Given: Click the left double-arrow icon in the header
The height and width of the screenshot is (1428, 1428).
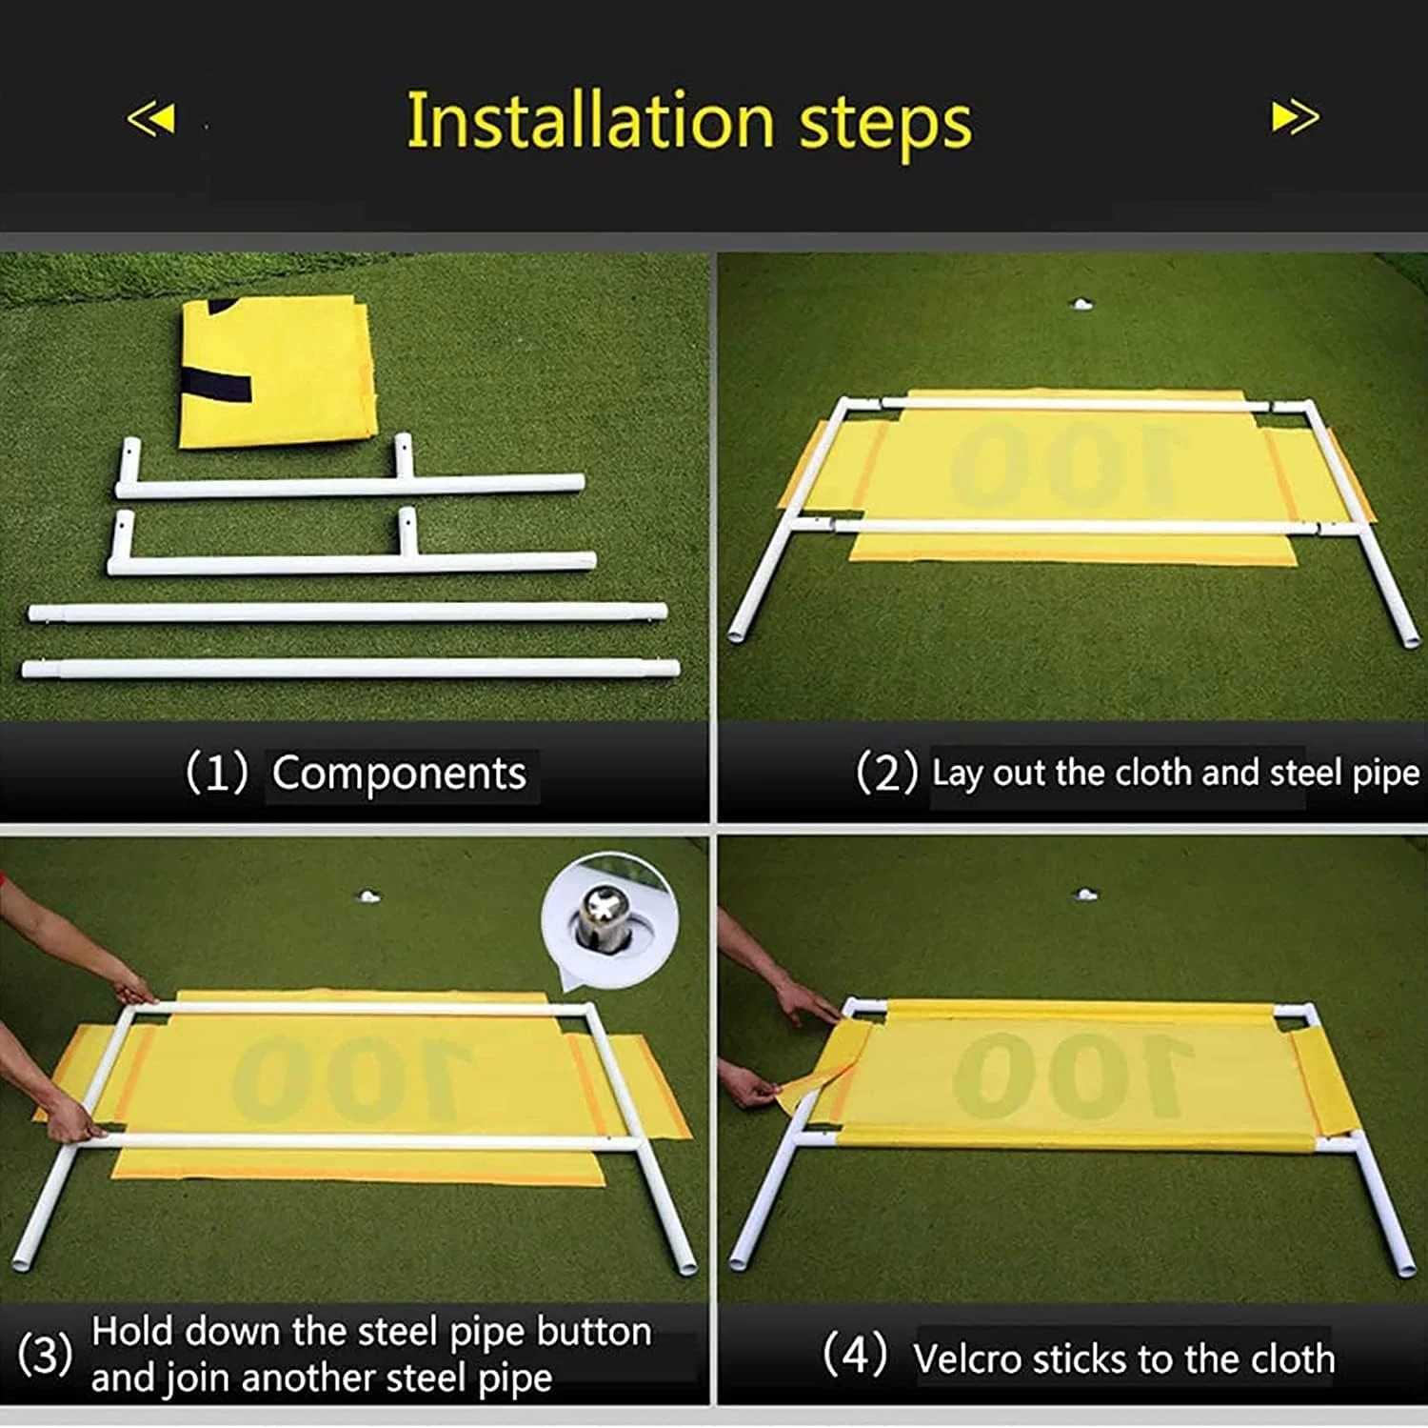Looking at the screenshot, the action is (x=151, y=118).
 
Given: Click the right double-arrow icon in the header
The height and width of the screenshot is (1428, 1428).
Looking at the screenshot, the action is (x=1296, y=117).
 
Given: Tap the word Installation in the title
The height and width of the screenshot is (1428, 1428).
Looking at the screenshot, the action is (x=590, y=121).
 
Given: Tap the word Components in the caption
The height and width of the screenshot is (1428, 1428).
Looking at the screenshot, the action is (x=399, y=773).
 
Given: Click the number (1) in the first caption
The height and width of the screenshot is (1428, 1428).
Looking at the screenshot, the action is (x=217, y=772).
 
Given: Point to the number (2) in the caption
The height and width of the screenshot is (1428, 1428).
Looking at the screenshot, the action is (x=886, y=772).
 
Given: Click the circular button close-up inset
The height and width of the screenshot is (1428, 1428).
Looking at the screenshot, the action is (x=609, y=920).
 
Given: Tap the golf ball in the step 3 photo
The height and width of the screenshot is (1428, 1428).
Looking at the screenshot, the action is (x=368, y=896).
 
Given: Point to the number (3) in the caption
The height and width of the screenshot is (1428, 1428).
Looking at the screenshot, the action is (x=44, y=1355).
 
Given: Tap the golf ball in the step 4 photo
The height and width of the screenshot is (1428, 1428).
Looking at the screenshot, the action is (x=1084, y=895).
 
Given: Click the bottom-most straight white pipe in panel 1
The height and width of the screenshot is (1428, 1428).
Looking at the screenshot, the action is (x=351, y=669).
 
